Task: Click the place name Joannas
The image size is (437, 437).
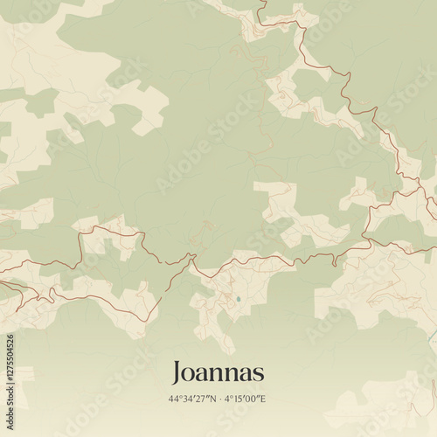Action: (x=218, y=372)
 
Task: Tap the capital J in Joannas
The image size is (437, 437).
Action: (x=177, y=373)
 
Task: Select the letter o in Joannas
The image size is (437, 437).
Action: (x=191, y=374)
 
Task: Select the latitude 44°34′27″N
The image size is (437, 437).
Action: (x=193, y=399)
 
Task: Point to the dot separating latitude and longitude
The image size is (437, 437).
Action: (x=220, y=399)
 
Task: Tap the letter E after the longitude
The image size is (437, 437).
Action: (x=262, y=399)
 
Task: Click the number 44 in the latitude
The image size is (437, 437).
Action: (x=175, y=399)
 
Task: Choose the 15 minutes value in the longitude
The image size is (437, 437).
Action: (x=238, y=399)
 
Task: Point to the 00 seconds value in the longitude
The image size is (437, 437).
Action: (x=252, y=399)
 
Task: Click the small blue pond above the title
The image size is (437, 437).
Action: (x=238, y=299)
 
